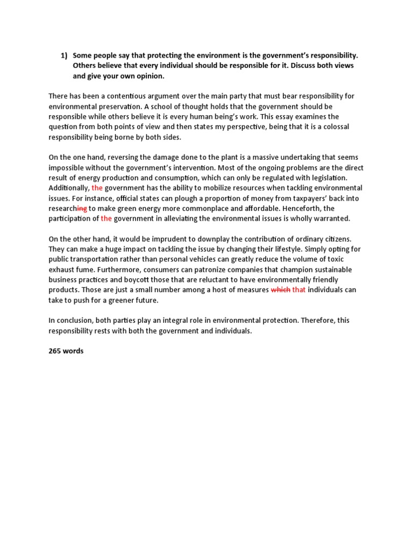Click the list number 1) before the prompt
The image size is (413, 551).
coord(64,55)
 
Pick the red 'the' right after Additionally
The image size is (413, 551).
coord(97,188)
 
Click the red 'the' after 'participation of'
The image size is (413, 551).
coord(106,218)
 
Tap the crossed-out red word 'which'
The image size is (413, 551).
coord(280,289)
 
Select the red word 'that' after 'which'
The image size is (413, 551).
coord(299,289)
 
